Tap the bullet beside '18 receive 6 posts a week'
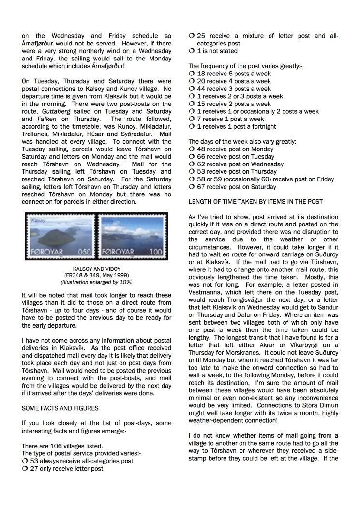191,74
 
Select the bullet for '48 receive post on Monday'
191,149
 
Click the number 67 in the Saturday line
201,187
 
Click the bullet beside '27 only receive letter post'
25,468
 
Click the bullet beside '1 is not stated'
191,51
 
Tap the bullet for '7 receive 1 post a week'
191,119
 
